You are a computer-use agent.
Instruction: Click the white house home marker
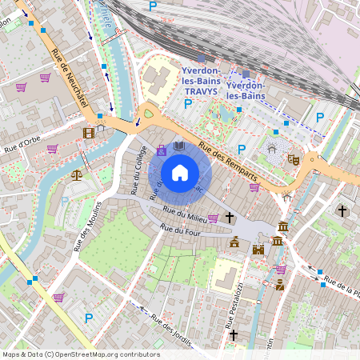[180, 173]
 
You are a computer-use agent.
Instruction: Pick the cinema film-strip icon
[88, 132]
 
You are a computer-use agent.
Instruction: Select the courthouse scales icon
[77, 174]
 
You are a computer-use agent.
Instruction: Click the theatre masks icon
[294, 160]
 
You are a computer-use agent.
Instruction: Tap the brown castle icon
[258, 250]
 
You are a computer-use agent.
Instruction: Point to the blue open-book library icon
[179, 146]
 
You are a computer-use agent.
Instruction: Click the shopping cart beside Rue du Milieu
[213, 218]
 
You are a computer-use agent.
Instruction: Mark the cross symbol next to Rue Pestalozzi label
[234, 335]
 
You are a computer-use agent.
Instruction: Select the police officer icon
[279, 284]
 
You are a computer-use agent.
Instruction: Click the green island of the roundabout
[148, 114]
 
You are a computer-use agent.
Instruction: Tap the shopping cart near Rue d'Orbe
[52, 148]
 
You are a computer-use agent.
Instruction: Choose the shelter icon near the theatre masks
[272, 148]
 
